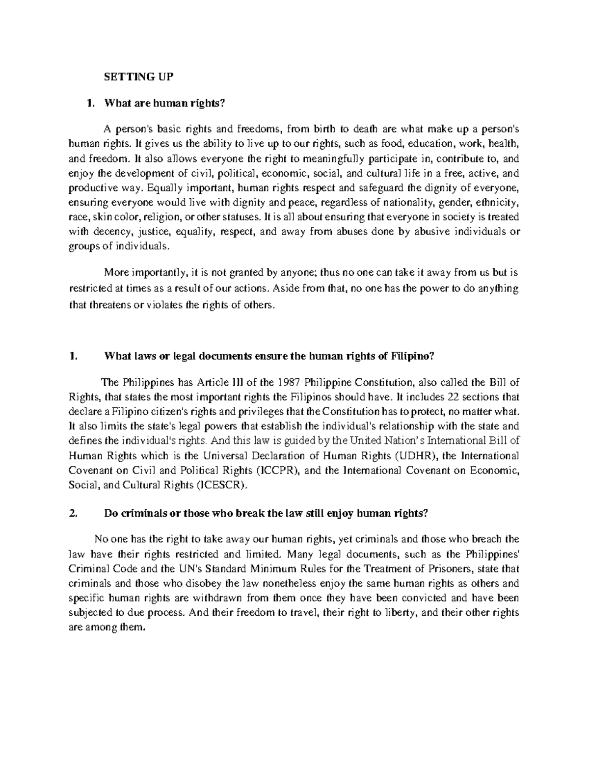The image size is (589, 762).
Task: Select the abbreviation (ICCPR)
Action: [280, 471]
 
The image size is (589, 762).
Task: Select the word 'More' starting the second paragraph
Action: [114, 273]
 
